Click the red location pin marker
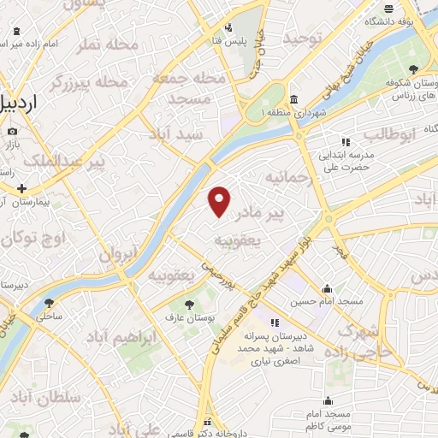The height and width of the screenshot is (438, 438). click(220, 200)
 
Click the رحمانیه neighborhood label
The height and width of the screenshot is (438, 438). click(285, 179)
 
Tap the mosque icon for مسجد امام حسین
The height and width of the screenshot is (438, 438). click(327, 289)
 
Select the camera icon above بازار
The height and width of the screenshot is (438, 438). click(12, 132)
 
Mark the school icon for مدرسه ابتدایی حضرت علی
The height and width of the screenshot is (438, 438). click(345, 142)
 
